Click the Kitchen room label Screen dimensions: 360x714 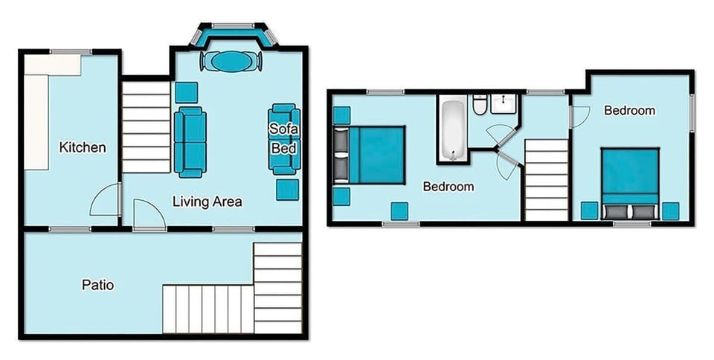coord(82,147)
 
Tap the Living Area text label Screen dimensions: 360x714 coord(208,201)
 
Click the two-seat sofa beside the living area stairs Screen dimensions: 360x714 coord(190,141)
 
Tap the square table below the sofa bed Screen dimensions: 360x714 coord(287,190)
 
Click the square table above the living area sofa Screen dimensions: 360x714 coord(186,92)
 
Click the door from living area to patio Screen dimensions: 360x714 coord(149,215)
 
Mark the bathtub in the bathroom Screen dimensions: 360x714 coord(451,131)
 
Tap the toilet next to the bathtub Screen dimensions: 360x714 coord(480,108)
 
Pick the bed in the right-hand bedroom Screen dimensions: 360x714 coord(629,178)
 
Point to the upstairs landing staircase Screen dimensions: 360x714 coord(547,179)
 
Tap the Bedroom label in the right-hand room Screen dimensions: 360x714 coord(629,111)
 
